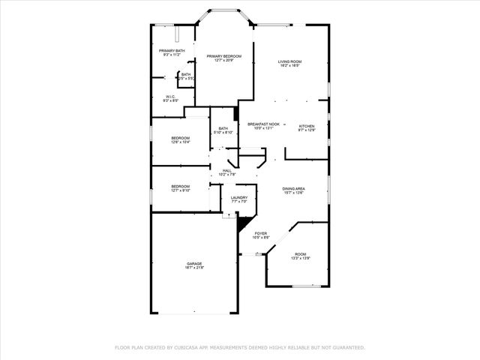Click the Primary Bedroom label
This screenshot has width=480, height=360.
224,55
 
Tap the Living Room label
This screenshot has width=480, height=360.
289,61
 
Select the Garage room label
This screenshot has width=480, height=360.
195,263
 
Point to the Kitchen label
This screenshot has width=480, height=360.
307,125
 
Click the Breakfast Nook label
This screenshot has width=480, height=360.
263,124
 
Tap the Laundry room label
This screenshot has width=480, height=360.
239,197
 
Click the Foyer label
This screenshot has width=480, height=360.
261,233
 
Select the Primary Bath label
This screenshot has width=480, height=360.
166,50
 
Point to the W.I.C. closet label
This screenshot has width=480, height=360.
170,97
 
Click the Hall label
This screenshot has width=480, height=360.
226,171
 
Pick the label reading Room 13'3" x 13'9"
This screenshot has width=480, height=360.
300,254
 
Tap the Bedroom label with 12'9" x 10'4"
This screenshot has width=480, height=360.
180,138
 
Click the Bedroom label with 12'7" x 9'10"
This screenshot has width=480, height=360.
180,186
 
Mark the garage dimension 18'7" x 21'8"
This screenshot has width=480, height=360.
195,268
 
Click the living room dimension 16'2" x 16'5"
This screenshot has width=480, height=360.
289,66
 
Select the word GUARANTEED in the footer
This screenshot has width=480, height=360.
348,348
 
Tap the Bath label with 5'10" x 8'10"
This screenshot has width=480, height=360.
223,128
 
